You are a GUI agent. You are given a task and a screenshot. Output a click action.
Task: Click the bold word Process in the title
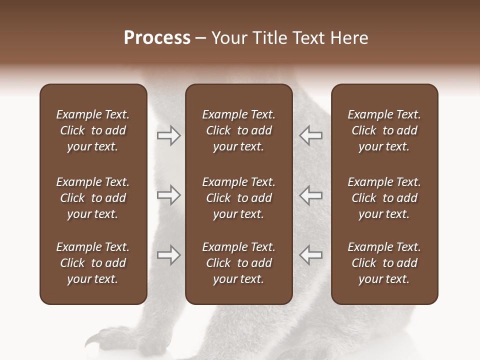(x=157, y=38)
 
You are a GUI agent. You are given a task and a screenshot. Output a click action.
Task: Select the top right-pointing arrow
(x=168, y=135)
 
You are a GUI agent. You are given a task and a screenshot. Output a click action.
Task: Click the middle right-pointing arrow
(x=168, y=195)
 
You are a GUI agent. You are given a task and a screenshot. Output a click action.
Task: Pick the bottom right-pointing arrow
(x=168, y=255)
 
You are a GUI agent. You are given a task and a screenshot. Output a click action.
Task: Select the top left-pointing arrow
(x=311, y=135)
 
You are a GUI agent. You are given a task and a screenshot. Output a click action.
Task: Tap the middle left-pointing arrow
(x=311, y=195)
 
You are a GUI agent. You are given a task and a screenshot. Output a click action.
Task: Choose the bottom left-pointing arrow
(x=311, y=255)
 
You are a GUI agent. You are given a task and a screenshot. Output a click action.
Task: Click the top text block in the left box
(x=93, y=130)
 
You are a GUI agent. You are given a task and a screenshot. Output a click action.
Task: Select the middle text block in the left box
(x=93, y=198)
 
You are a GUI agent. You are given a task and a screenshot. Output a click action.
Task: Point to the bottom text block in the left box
(x=93, y=263)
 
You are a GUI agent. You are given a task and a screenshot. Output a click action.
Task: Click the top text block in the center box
(x=239, y=130)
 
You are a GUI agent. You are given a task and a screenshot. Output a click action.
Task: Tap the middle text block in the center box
(x=239, y=198)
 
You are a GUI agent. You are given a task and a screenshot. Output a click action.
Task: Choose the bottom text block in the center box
(x=239, y=263)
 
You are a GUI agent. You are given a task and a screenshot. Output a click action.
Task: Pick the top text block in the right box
(x=384, y=130)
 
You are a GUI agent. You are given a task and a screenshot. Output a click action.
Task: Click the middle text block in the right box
(x=384, y=198)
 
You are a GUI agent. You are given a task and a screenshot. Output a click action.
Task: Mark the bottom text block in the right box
(x=384, y=263)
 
